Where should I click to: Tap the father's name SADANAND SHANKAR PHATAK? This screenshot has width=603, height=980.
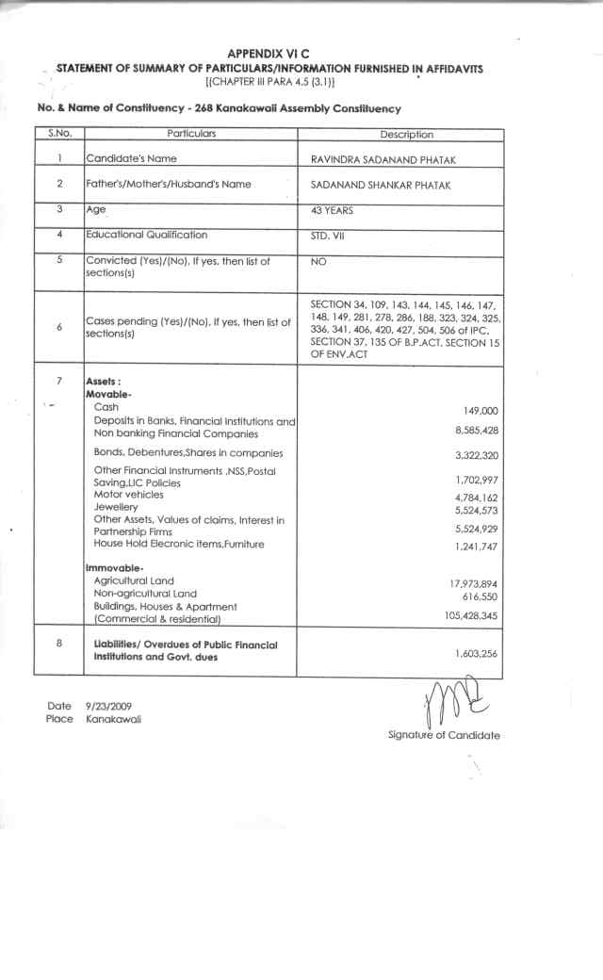(x=380, y=186)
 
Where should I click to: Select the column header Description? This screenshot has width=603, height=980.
(x=407, y=135)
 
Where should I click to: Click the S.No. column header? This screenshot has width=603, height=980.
(x=59, y=134)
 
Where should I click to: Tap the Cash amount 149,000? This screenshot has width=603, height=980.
(x=481, y=411)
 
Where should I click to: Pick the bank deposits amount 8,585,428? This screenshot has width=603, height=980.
(x=477, y=431)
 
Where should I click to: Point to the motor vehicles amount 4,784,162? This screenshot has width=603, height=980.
(x=476, y=497)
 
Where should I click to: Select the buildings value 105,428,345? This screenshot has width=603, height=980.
(x=471, y=615)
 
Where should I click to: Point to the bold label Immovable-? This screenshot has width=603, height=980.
(x=114, y=568)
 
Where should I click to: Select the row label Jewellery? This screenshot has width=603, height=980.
(x=116, y=506)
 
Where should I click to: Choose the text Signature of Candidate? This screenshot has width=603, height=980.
(x=444, y=735)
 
